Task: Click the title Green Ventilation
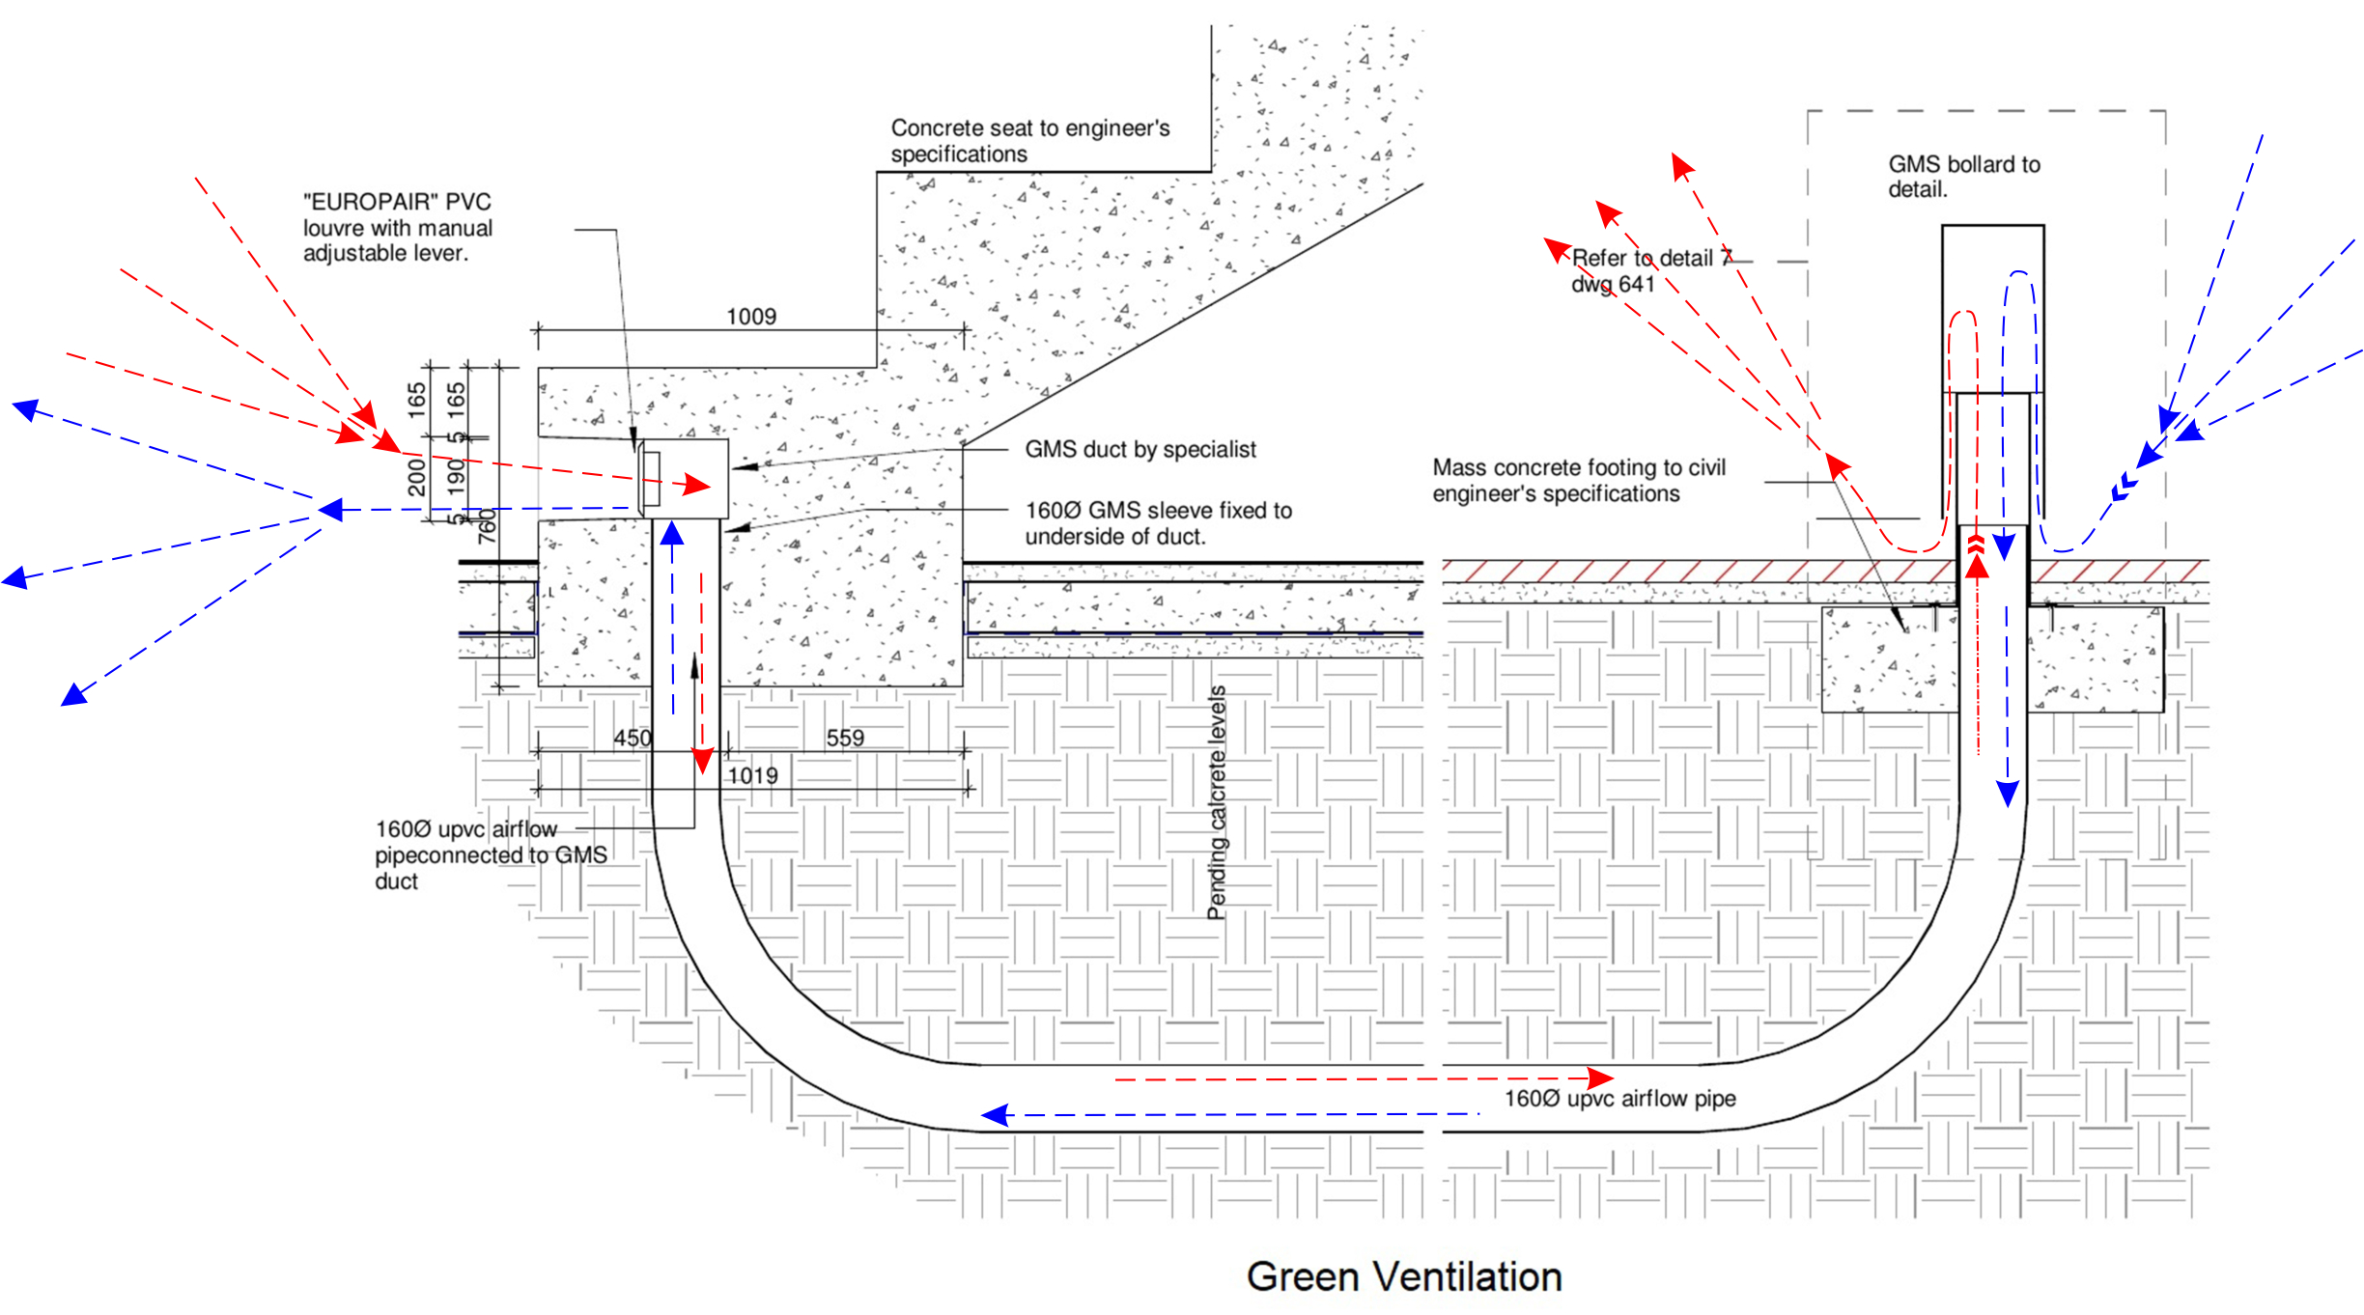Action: (x=1403, y=1276)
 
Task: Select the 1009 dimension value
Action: (x=751, y=317)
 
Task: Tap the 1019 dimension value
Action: (x=752, y=775)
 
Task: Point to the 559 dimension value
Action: (x=845, y=738)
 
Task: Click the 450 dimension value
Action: (x=633, y=738)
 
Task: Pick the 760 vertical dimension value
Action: (x=488, y=526)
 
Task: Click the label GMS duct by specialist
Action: (x=1140, y=449)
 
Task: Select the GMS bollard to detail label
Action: (x=1963, y=177)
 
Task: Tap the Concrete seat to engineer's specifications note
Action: (x=1029, y=141)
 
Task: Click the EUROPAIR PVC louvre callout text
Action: (x=397, y=228)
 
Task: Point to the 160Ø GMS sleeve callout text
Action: (x=1158, y=522)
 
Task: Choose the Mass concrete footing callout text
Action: (x=1578, y=480)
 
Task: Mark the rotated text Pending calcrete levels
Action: (x=1217, y=802)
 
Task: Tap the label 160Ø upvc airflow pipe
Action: (x=1619, y=1098)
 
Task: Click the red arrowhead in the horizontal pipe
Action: (x=1600, y=1077)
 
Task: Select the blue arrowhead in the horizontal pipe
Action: (x=995, y=1115)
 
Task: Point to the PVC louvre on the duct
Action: (x=648, y=478)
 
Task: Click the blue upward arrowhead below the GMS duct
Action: (x=672, y=534)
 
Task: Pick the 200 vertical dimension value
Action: (x=416, y=477)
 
